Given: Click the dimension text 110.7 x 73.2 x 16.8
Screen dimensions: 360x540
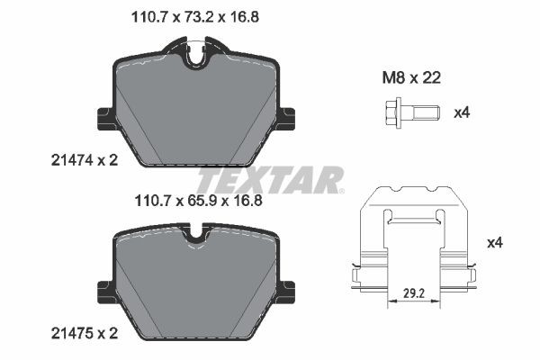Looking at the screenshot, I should pos(190,16).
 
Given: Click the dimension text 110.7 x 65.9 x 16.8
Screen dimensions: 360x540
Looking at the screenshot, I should pos(190,202).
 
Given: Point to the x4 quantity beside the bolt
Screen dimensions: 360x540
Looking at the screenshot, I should pos(462,112).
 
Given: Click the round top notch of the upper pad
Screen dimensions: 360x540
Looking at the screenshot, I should pos(197,56).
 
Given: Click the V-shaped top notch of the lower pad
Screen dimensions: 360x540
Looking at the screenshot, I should pos(197,239).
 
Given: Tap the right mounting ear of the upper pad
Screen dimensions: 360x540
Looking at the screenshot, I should pos(288,117).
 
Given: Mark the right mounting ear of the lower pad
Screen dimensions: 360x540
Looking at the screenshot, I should pos(288,290).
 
